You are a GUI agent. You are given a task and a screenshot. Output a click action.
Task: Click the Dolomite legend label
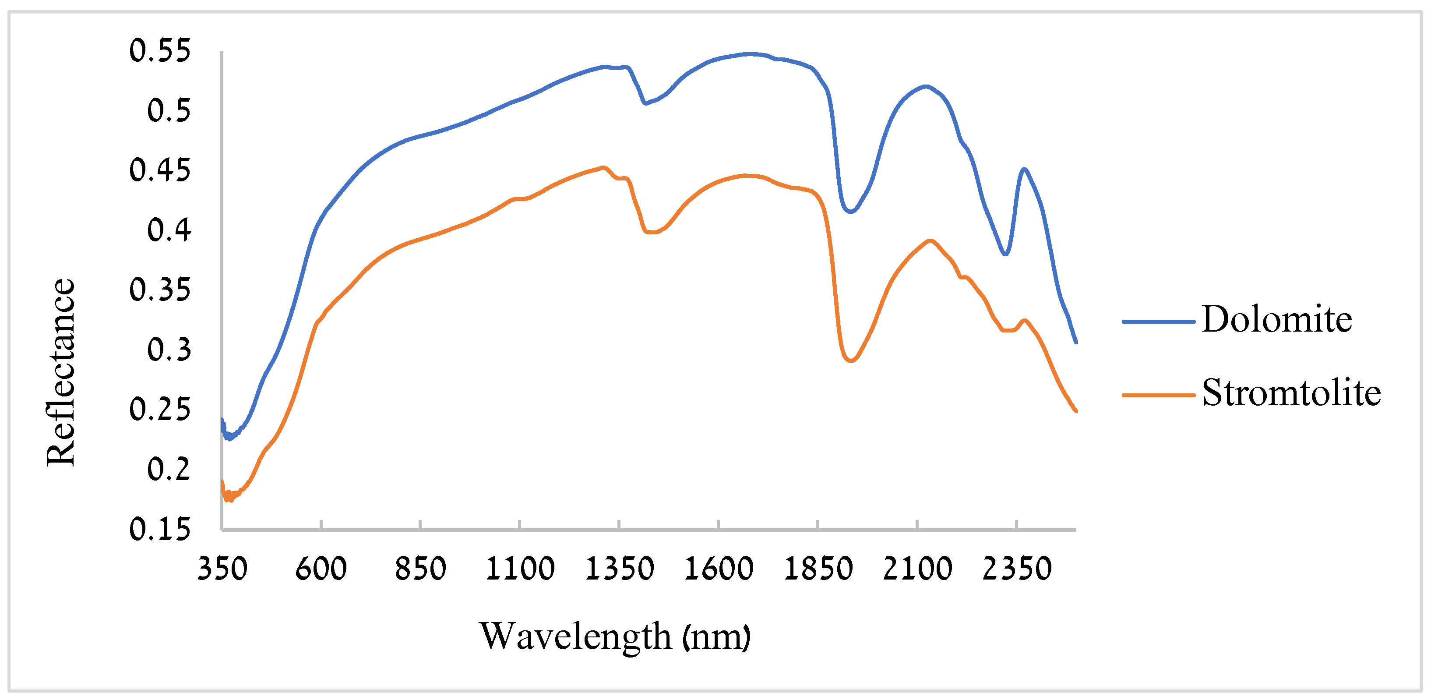1276,320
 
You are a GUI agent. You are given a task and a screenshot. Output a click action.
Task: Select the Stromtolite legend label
1291,393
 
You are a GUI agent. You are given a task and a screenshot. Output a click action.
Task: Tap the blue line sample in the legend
1158,321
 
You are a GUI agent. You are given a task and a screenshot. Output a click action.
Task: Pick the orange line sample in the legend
1158,395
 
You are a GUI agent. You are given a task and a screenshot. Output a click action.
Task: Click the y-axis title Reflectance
60,372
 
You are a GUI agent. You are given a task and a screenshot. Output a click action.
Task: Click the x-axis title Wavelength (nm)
615,636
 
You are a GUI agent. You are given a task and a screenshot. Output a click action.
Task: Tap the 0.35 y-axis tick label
160,290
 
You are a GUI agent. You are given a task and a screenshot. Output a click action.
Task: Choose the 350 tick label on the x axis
222,569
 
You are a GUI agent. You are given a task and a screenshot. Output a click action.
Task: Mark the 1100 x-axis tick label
520,569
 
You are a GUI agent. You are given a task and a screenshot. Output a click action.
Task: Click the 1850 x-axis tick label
818,569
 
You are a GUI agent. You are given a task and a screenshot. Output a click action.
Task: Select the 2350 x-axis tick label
1017,569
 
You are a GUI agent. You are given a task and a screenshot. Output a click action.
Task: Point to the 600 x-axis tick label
321,569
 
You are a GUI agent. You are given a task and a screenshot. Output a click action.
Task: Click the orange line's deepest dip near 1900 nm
850,361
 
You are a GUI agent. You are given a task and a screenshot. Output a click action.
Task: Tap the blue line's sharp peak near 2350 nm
1024,169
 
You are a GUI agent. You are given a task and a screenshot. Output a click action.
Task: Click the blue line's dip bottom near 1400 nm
645,103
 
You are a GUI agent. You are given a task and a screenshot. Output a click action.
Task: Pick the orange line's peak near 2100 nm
930,240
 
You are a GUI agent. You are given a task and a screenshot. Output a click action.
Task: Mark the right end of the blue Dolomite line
1076,342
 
